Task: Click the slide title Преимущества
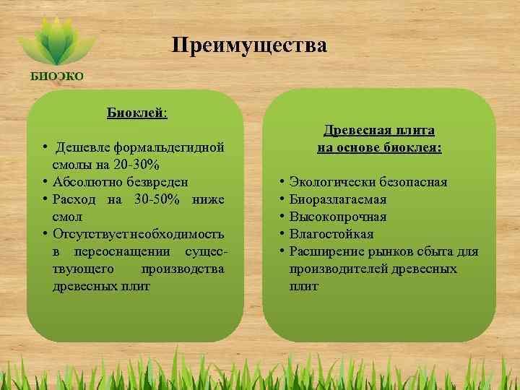point(249,46)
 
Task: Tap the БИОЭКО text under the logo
point(56,75)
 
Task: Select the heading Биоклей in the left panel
point(136,113)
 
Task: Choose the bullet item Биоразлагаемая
point(337,199)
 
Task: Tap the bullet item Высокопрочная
point(337,217)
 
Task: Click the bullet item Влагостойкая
point(331,234)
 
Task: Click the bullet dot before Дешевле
point(45,147)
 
